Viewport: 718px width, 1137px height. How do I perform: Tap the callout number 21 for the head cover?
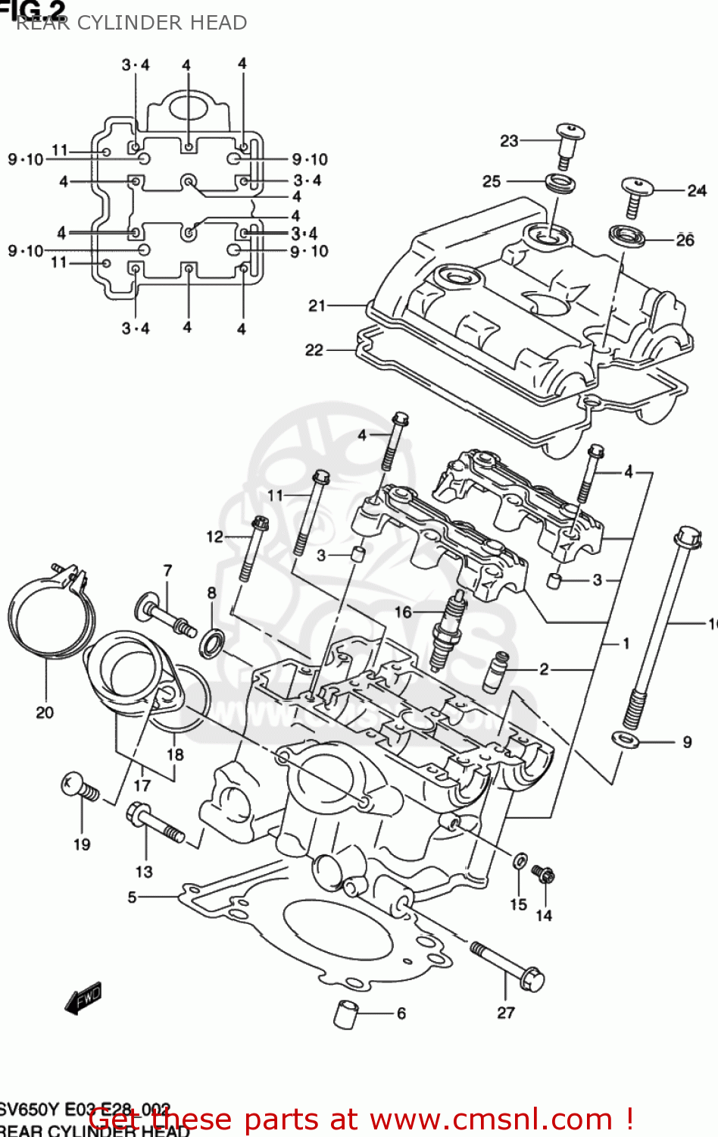317,305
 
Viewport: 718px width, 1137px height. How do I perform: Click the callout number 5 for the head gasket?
133,897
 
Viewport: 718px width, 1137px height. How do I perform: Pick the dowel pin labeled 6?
345,1014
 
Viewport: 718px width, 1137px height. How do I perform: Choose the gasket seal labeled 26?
627,235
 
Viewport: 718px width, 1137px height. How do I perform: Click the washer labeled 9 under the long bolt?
626,738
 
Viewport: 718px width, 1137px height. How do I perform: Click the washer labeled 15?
520,861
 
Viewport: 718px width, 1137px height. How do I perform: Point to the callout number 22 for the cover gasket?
314,350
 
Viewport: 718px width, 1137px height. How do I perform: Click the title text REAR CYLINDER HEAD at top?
132,23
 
